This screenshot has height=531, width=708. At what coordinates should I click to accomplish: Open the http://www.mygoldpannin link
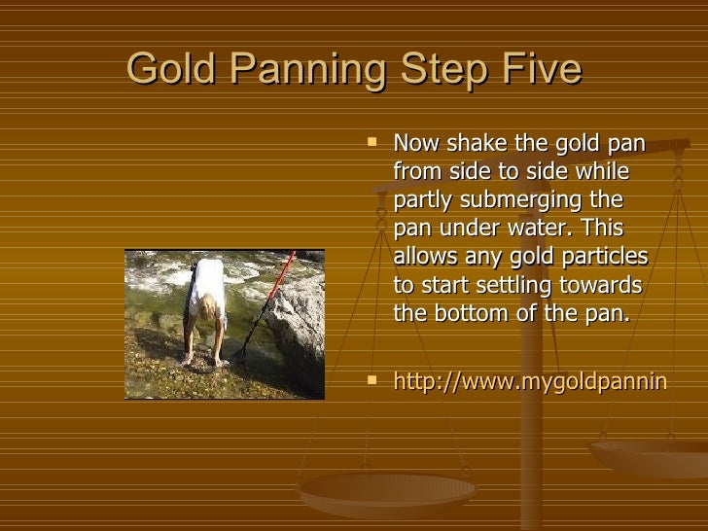click(x=529, y=382)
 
